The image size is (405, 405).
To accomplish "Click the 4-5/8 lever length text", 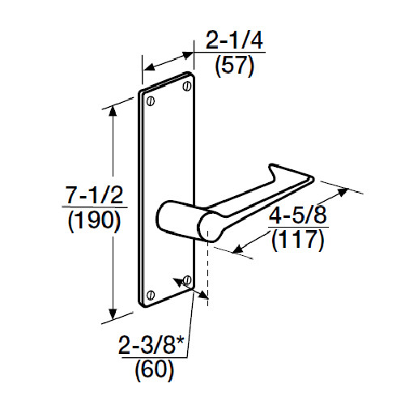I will click(x=299, y=217).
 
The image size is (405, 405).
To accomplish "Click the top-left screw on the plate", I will click(x=150, y=100).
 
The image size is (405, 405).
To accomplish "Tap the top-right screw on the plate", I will click(x=187, y=83).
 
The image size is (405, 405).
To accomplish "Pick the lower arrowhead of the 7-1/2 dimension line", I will click(x=114, y=317).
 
